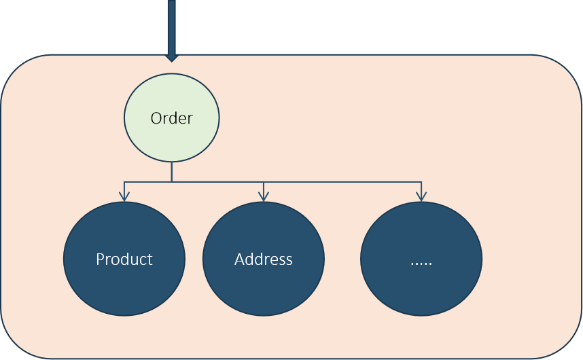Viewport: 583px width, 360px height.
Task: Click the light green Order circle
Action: pyautogui.click(x=171, y=118)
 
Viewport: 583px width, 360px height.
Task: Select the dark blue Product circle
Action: pyautogui.click(x=124, y=259)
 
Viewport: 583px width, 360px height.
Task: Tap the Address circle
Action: pyautogui.click(x=263, y=259)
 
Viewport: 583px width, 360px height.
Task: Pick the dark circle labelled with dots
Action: pyautogui.click(x=421, y=259)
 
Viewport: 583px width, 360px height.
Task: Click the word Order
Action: pyautogui.click(x=171, y=118)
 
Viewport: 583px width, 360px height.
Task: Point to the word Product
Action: pyautogui.click(x=124, y=259)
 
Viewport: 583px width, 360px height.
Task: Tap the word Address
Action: pyautogui.click(x=263, y=259)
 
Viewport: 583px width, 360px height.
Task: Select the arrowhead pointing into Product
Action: pyautogui.click(x=124, y=196)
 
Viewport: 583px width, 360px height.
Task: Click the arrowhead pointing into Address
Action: pyautogui.click(x=264, y=196)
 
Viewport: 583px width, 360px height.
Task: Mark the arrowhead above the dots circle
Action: pyautogui.click(x=421, y=196)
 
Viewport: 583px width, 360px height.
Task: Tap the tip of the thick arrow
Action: pyautogui.click(x=171, y=62)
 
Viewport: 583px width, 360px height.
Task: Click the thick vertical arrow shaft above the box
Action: pyautogui.click(x=171, y=28)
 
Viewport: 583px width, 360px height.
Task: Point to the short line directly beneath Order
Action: pyautogui.click(x=171, y=172)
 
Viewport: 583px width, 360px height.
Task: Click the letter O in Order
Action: pyautogui.click(x=156, y=118)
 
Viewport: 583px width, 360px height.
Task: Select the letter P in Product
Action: pyautogui.click(x=100, y=259)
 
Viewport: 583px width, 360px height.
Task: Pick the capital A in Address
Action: pyautogui.click(x=240, y=259)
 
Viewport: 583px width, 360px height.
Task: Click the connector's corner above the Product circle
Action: pyautogui.click(x=124, y=182)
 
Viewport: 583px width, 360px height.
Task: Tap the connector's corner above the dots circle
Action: pyautogui.click(x=421, y=182)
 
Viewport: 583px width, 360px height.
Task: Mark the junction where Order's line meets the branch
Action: pyautogui.click(x=171, y=182)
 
